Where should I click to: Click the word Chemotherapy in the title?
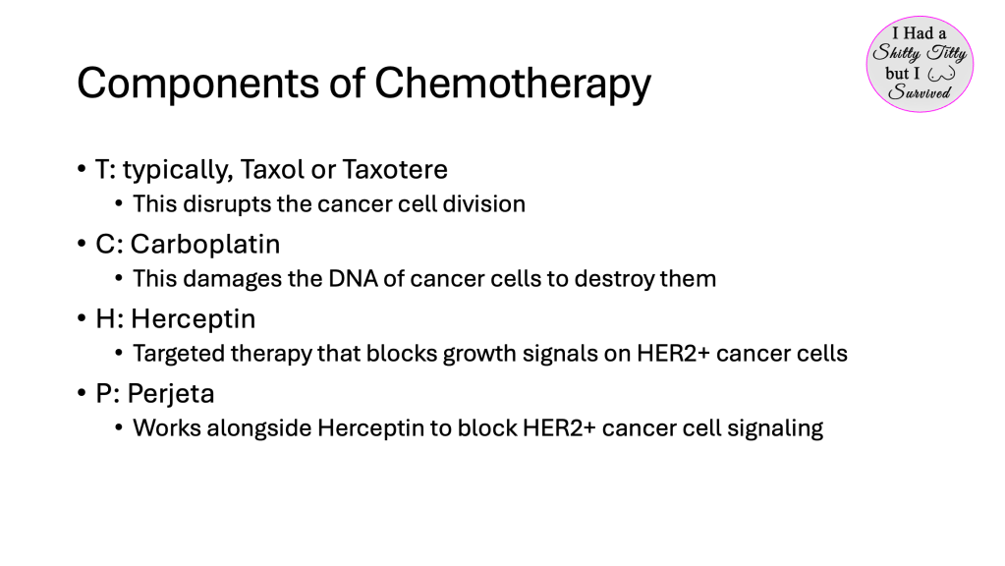(x=512, y=85)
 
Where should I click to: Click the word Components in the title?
(x=198, y=85)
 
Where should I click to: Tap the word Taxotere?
(x=395, y=169)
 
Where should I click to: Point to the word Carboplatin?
(x=205, y=245)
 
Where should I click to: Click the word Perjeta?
(x=171, y=394)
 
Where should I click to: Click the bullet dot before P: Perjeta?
(x=82, y=392)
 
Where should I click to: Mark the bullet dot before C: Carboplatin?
(x=82, y=243)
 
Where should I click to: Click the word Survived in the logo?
(x=920, y=92)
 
